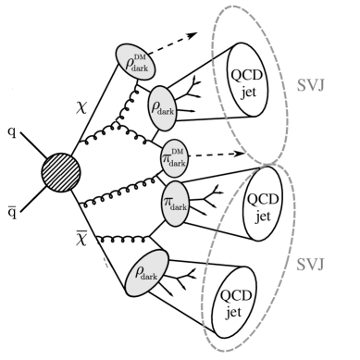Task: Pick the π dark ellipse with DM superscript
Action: click(x=174, y=158)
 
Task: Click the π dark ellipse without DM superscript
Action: click(x=174, y=202)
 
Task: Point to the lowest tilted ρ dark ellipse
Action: click(x=148, y=272)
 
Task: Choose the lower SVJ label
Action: click(x=310, y=265)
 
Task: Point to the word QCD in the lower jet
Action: click(x=234, y=293)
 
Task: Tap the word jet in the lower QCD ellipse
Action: click(x=234, y=312)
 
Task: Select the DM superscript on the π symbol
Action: click(x=178, y=151)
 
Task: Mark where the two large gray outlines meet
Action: click(x=274, y=158)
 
